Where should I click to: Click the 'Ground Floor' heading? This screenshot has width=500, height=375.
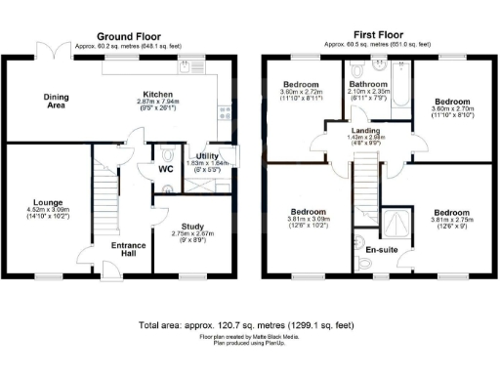pyautogui.click(x=129, y=34)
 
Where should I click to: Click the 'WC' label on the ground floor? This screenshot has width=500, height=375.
pyautogui.click(x=141, y=168)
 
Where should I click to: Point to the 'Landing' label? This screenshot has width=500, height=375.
pyautogui.click(x=367, y=130)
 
